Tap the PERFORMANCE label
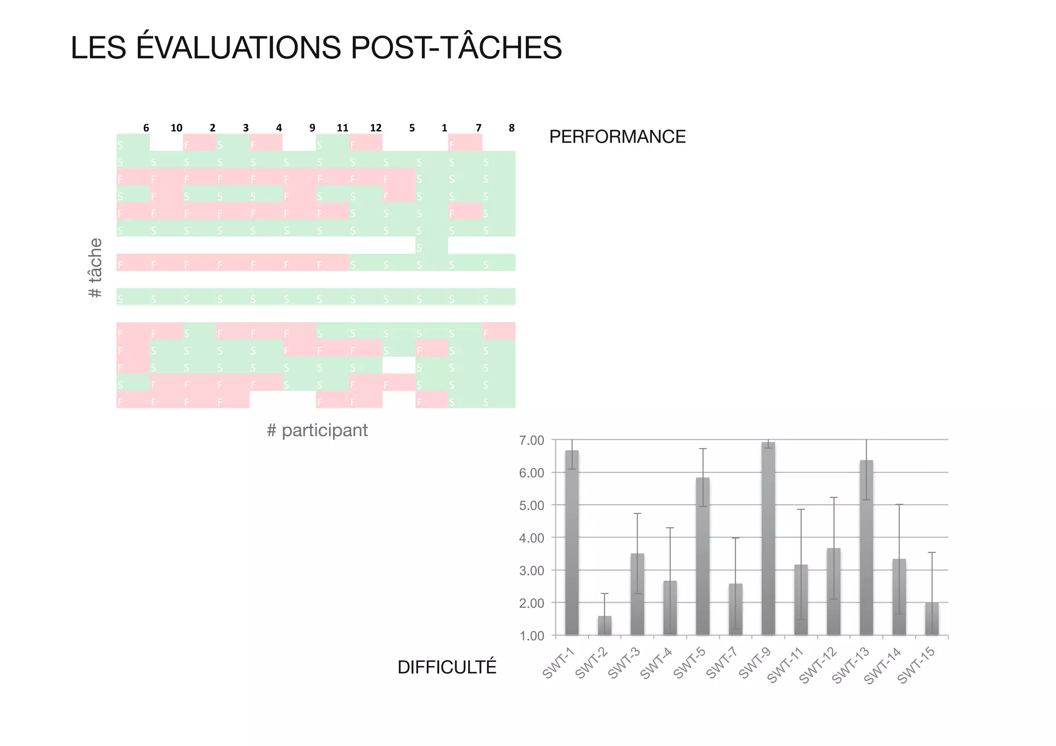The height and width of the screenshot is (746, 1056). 617,137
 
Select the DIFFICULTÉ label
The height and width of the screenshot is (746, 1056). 447,667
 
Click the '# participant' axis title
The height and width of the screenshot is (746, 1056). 317,430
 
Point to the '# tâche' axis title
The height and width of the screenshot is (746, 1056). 96,268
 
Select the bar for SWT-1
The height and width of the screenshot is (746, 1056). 572,541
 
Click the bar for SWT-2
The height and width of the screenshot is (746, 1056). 604,625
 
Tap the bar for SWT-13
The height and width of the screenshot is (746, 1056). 866,546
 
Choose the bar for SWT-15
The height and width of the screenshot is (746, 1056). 932,619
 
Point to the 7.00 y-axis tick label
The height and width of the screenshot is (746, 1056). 532,440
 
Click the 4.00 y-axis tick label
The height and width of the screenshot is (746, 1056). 532,538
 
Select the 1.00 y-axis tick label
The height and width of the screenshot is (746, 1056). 532,636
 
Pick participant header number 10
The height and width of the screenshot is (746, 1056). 176,128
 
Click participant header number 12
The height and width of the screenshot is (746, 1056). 376,128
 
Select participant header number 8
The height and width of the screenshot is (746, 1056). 511,128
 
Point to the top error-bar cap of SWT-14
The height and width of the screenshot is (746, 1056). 899,504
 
